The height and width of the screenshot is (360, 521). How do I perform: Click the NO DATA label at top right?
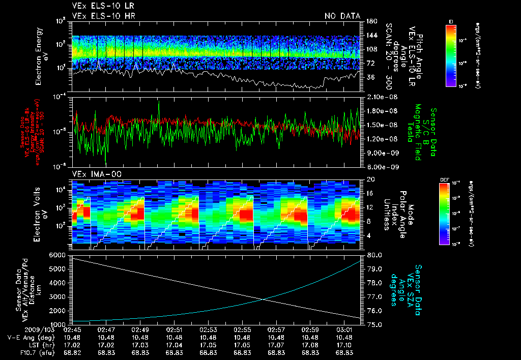point(342,16)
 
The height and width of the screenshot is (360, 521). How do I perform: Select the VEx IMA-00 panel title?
point(91,174)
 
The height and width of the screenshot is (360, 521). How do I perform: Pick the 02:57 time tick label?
point(276,329)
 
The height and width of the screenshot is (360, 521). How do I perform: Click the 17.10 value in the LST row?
point(344,344)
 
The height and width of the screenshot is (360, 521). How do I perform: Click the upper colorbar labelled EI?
point(451,54)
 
